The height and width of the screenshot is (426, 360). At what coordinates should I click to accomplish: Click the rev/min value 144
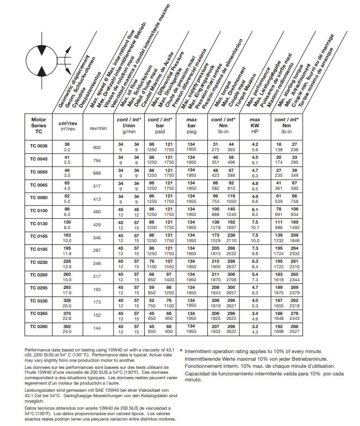tap(97, 329)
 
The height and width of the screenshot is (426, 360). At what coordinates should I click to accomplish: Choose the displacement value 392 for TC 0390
tap(67, 326)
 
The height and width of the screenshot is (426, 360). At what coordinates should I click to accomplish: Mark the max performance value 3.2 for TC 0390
tap(255, 326)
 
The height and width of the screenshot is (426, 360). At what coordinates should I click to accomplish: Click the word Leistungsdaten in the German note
tap(40, 388)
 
